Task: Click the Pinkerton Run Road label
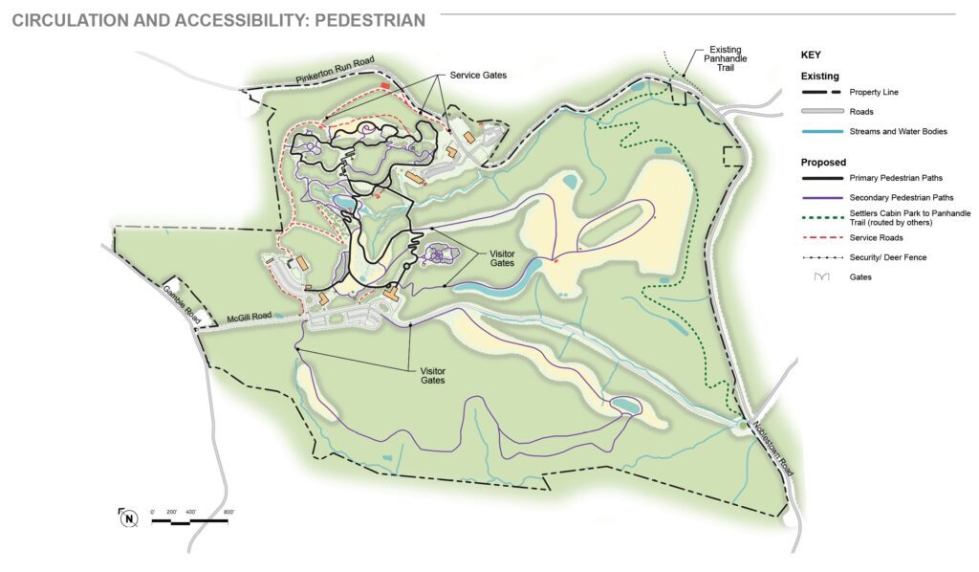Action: click(335, 73)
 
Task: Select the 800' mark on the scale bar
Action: click(228, 514)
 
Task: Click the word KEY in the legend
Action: click(811, 55)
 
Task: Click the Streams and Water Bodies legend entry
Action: click(897, 131)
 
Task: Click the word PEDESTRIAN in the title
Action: click(365, 20)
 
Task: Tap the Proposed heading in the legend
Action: click(823, 163)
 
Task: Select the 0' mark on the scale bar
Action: click(153, 514)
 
